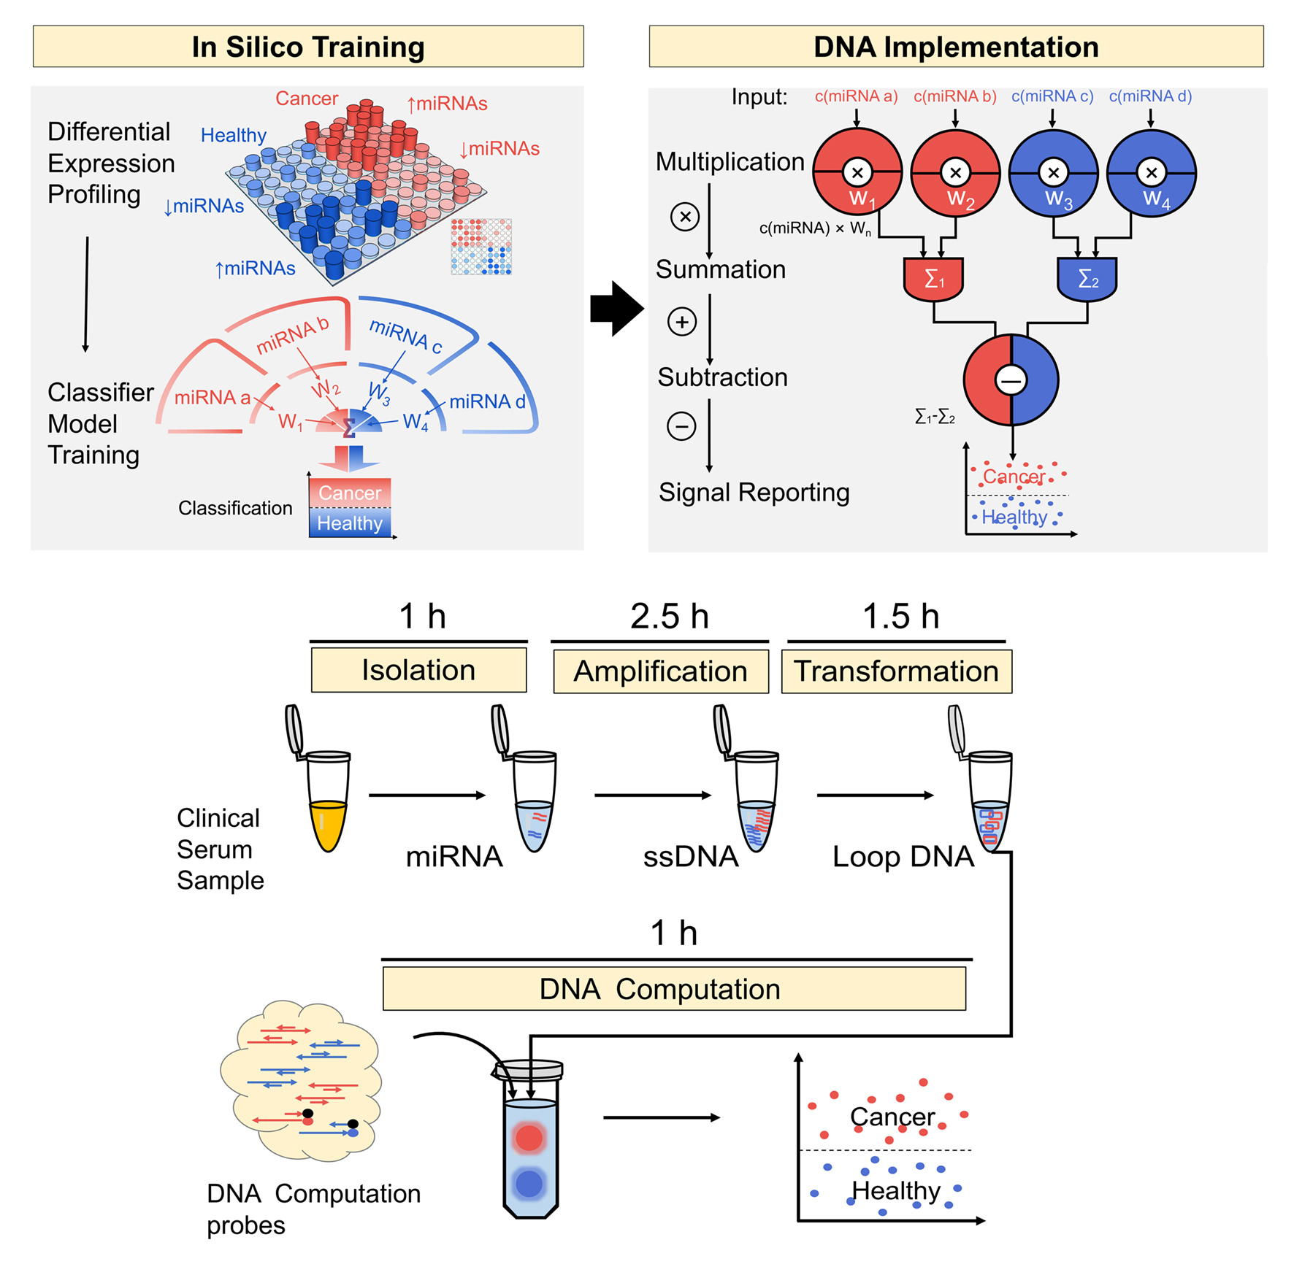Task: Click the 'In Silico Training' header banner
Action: tap(307, 47)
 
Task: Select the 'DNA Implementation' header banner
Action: tap(955, 47)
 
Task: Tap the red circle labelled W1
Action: tap(857, 173)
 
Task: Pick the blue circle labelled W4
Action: tap(1151, 173)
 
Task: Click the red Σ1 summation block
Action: tap(933, 278)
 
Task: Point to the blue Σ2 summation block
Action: tap(1087, 278)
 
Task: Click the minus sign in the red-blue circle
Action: tap(1011, 380)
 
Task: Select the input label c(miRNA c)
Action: tap(1052, 96)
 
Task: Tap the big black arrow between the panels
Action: tap(616, 309)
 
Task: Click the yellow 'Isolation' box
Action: tap(418, 671)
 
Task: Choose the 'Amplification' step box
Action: tap(660, 671)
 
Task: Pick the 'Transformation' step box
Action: tap(896, 671)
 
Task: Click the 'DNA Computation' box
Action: tap(673, 989)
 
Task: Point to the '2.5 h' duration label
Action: tap(669, 617)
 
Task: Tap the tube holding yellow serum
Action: tap(328, 803)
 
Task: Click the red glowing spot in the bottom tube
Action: tap(529, 1137)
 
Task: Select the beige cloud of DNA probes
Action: tap(300, 1080)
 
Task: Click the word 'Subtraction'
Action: tap(722, 377)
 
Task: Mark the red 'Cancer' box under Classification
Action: tap(350, 493)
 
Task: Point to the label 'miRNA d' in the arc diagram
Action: tap(486, 401)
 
